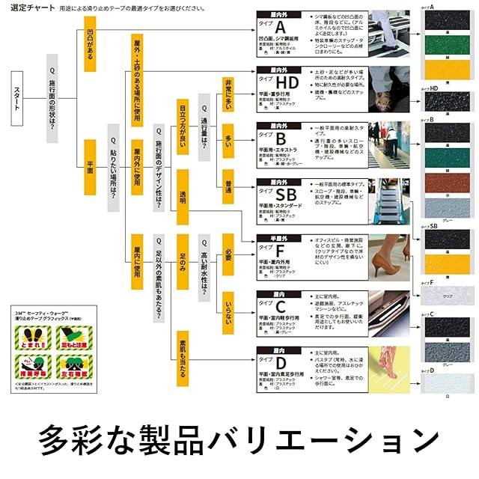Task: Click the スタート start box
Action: tap(19, 97)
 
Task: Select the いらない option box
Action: tap(228, 308)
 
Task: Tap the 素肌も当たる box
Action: tap(183, 358)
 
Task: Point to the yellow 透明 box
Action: tap(183, 196)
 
